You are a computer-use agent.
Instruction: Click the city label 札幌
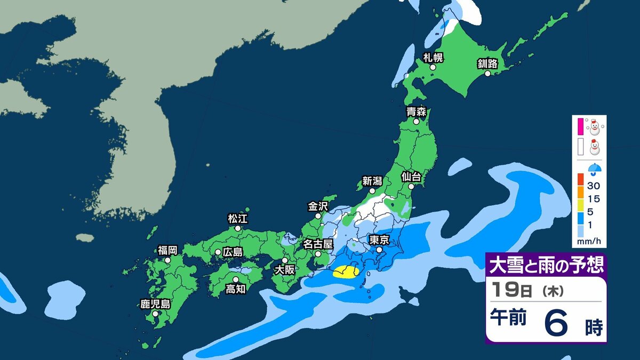point(433,58)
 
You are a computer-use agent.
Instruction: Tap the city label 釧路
point(487,64)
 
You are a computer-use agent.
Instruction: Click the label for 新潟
point(372,181)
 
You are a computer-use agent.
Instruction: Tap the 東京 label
point(379,240)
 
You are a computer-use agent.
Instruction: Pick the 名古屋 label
point(318,244)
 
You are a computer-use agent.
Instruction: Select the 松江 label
point(238,219)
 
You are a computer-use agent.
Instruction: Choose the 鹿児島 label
point(155,305)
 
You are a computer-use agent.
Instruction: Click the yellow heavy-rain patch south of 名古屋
point(346,273)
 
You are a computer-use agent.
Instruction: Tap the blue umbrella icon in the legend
point(593,169)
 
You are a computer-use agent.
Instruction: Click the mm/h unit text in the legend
point(589,242)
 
